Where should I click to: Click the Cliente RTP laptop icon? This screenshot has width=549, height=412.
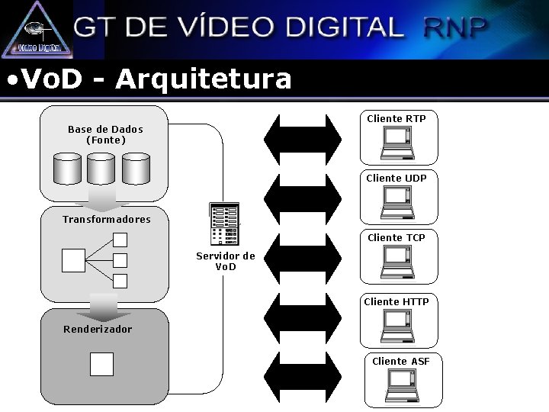click(398, 143)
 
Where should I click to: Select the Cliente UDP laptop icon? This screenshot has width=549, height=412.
click(398, 202)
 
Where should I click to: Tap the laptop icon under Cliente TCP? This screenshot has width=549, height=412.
click(398, 262)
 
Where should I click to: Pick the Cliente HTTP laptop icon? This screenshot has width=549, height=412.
click(398, 325)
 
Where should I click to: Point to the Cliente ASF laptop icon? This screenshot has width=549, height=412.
click(402, 385)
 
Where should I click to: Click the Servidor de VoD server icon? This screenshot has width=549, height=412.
click(224, 224)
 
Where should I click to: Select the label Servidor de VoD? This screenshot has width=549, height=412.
click(226, 261)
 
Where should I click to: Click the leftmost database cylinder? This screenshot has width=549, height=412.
click(67, 169)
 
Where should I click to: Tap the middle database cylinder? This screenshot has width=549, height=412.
click(101, 169)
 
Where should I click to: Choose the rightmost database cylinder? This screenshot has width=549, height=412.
click(136, 169)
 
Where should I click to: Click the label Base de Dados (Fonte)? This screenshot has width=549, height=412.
click(105, 134)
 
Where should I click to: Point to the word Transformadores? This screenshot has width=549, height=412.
click(107, 219)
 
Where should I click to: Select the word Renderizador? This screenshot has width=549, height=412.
click(98, 330)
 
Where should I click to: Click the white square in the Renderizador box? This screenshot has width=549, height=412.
click(101, 364)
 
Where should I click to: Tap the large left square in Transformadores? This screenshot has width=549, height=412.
click(73, 261)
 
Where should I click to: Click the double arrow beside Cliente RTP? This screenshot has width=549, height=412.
click(303, 139)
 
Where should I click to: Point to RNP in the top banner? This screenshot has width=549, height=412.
click(455, 27)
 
